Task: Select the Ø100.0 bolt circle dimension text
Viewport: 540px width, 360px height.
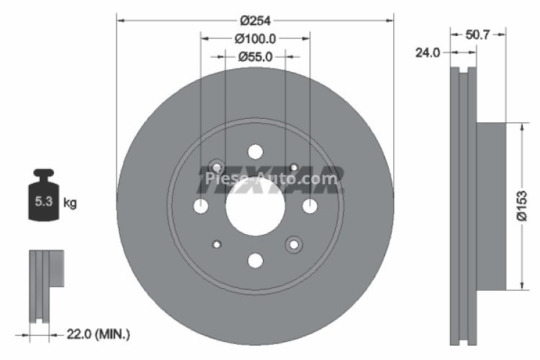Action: point(255,37)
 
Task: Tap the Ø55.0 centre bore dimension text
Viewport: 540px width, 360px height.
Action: point(255,55)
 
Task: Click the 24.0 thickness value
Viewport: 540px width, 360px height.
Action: point(428,52)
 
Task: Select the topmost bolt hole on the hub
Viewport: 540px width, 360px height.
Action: point(255,152)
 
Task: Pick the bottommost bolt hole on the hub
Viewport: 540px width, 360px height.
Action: point(255,260)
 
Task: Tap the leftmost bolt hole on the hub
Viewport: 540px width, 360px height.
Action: point(201,207)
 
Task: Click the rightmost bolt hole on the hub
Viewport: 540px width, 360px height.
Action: point(310,207)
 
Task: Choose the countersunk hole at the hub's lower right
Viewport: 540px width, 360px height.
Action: point(294,245)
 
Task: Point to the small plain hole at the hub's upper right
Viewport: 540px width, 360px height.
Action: point(294,167)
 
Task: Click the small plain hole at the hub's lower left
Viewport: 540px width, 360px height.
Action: point(216,245)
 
